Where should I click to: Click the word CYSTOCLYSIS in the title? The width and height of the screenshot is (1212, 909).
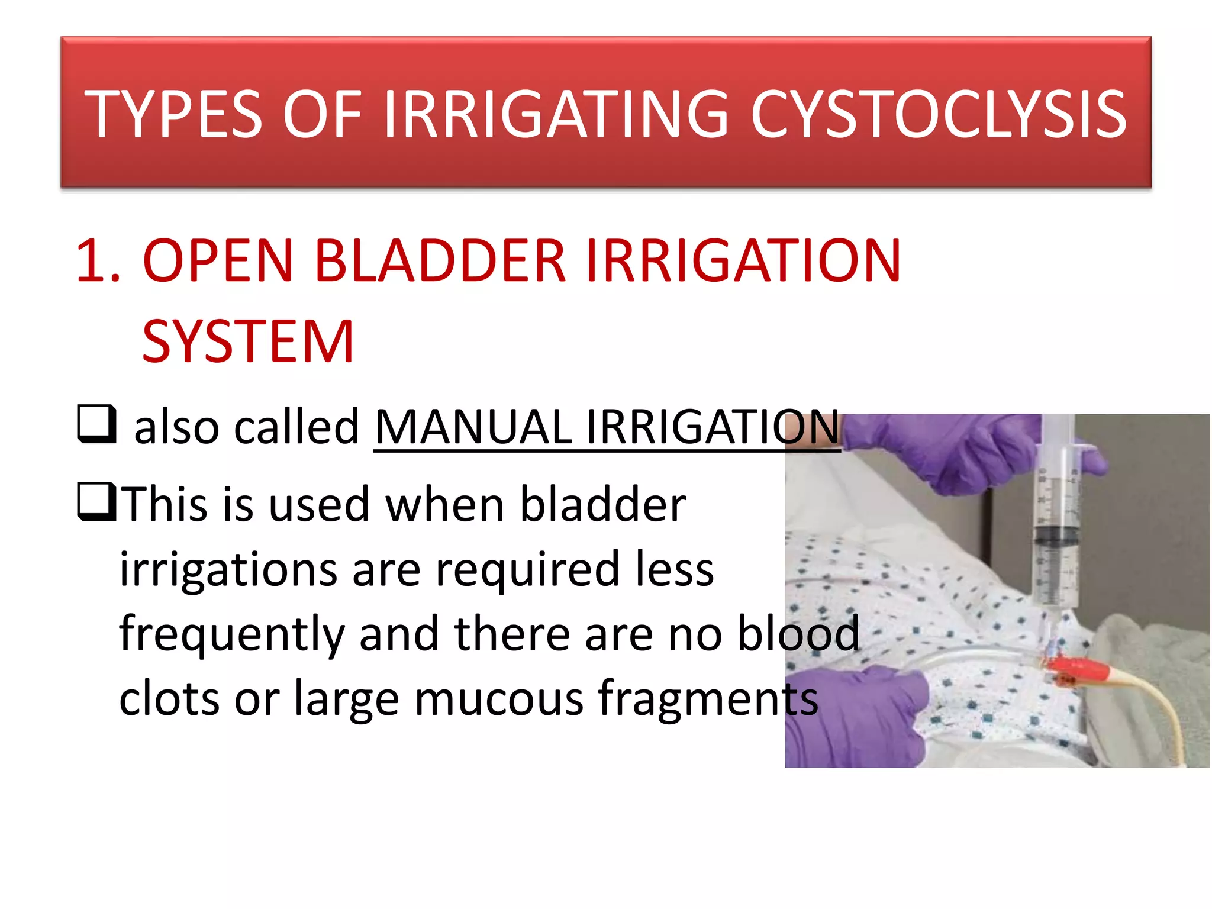(938, 114)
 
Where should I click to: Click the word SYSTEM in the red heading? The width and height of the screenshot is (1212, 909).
(248, 341)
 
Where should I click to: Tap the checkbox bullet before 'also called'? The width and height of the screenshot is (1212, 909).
(96, 424)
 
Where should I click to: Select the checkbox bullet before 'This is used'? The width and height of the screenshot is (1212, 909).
(96, 502)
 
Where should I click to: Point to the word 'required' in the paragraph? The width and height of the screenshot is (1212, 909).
(527, 569)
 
